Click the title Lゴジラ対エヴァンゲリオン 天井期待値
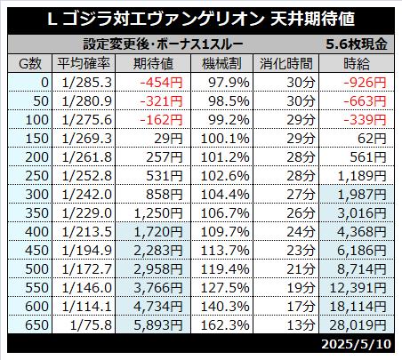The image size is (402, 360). pyautogui.click(x=201, y=20)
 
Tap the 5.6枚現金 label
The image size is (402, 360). pyautogui.click(x=357, y=44)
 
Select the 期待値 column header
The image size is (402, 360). pyautogui.click(x=153, y=63)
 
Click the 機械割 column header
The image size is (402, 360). pyautogui.click(x=221, y=63)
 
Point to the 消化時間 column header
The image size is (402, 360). pyautogui.click(x=286, y=63)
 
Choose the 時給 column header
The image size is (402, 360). pyautogui.click(x=357, y=63)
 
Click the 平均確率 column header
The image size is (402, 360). pyautogui.click(x=84, y=63)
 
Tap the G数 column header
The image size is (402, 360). pyautogui.click(x=30, y=63)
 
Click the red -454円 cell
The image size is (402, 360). pyautogui.click(x=161, y=83)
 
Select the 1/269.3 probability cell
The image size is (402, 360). pyautogui.click(x=87, y=139)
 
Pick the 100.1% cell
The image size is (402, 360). pyautogui.click(x=225, y=139)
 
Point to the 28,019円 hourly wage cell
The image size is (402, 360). pyautogui.click(x=358, y=325)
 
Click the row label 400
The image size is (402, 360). pyautogui.click(x=36, y=232)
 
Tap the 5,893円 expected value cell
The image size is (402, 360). pyautogui.click(x=158, y=325)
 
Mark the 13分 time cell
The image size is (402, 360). pyautogui.click(x=301, y=325)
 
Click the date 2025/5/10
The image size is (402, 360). pyautogui.click(x=356, y=344)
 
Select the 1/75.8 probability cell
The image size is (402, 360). pyautogui.click(x=91, y=325)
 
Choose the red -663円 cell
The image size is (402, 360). pyautogui.click(x=365, y=101)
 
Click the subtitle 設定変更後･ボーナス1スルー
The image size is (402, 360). pyautogui.click(x=163, y=44)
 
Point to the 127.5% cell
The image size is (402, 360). pyautogui.click(x=225, y=288)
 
